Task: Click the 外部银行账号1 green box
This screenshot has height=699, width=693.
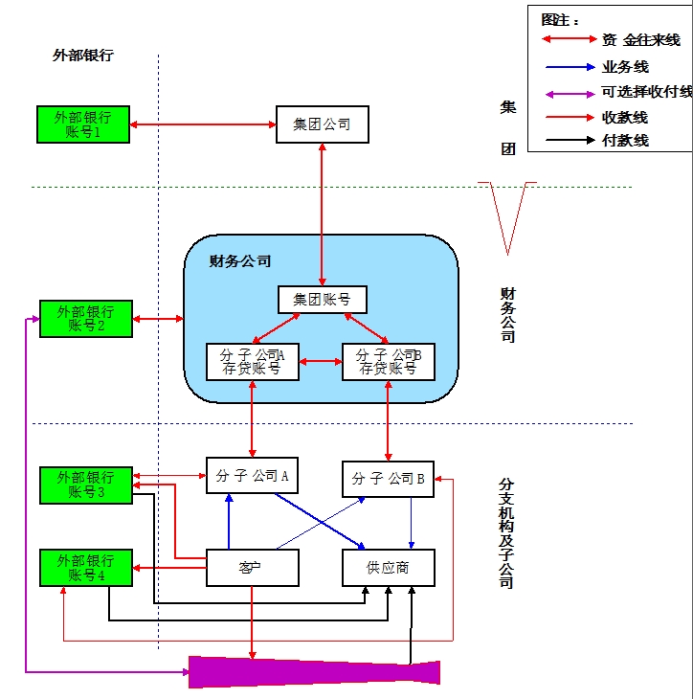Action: pyautogui.click(x=82, y=125)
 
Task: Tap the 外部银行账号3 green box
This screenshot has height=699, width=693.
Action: pyautogui.click(x=85, y=485)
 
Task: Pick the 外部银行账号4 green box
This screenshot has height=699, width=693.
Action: pyautogui.click(x=85, y=568)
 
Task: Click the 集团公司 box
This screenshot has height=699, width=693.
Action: pyautogui.click(x=322, y=124)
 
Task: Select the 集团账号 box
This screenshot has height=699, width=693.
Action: pyautogui.click(x=322, y=299)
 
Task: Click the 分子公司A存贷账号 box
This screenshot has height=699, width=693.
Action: pyautogui.click(x=253, y=361)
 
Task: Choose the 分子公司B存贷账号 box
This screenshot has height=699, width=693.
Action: pyautogui.click(x=388, y=361)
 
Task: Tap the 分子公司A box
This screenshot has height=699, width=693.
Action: pyautogui.click(x=253, y=475)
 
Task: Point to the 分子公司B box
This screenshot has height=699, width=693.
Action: pyautogui.click(x=388, y=479)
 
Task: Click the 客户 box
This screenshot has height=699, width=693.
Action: pyautogui.click(x=253, y=568)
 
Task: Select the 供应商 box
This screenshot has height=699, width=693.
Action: pyautogui.click(x=388, y=568)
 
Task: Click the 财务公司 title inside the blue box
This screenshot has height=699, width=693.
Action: pyautogui.click(x=240, y=260)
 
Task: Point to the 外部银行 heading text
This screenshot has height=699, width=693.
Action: pyautogui.click(x=82, y=56)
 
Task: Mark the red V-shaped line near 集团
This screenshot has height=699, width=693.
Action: pyautogui.click(x=507, y=215)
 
